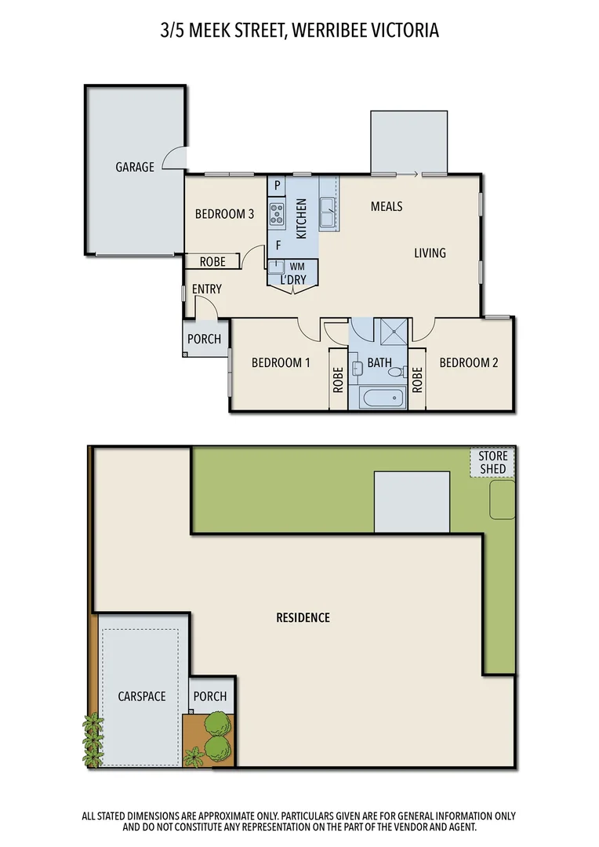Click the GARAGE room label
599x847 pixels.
point(135,167)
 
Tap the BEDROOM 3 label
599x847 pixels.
point(224,213)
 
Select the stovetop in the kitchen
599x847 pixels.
point(277,212)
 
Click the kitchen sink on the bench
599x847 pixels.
point(328,208)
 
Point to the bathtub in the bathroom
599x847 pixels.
point(383,397)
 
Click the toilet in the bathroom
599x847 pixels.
point(396,371)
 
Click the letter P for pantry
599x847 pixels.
point(277,186)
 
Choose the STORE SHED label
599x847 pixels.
point(493,462)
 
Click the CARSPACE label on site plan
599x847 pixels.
point(142,696)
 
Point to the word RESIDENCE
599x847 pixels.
point(303,617)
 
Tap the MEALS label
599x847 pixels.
point(387,206)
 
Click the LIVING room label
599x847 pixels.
point(430,253)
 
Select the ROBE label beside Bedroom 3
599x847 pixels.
point(212,262)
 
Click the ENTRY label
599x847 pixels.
point(206,289)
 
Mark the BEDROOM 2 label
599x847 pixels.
point(468,362)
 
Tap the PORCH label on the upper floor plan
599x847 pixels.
point(204,340)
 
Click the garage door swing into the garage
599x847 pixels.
point(174,159)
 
